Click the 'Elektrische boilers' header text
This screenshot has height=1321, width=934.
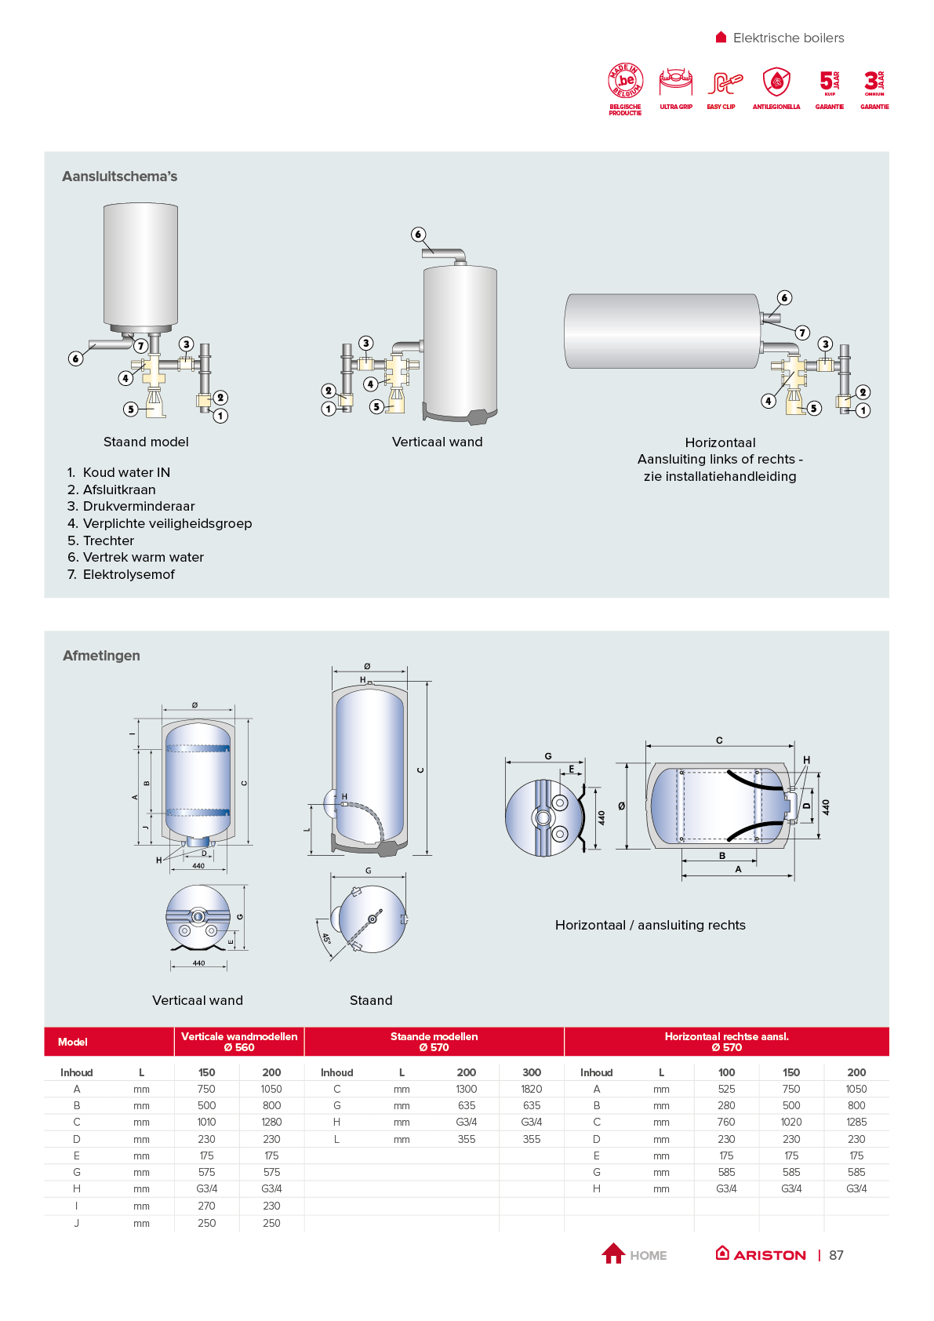pos(788,38)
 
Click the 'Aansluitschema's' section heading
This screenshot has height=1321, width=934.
pos(120,176)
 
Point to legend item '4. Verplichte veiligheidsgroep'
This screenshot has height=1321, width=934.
pos(160,523)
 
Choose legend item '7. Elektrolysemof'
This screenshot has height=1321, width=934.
pos(122,574)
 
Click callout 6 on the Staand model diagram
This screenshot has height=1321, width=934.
pos(76,358)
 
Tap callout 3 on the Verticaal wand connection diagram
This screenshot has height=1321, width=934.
pos(366,343)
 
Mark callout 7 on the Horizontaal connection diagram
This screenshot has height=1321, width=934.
pos(802,333)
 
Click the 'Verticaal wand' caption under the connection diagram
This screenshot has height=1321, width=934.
pos(437,442)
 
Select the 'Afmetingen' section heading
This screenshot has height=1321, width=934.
pos(101,656)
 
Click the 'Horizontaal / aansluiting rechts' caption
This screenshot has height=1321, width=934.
pos(650,925)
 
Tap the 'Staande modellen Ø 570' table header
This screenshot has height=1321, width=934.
pos(434,1042)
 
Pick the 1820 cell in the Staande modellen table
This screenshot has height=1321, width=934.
pos(532,1089)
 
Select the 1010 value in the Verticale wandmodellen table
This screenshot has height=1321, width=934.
pos(206,1123)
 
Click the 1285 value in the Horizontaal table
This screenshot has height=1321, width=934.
pos(856,1123)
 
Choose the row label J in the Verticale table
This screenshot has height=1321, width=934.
pos(77,1223)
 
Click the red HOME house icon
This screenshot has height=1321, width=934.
pos(613,1254)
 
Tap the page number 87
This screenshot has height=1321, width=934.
pos(837,1255)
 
